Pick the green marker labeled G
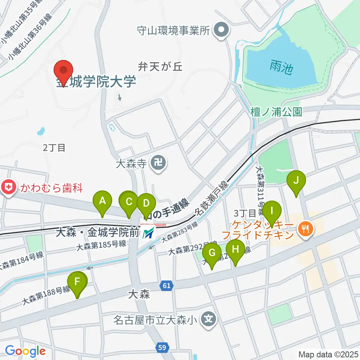[x=212, y=253]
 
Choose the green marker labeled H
[x=235, y=250]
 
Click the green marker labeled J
[x=296, y=181]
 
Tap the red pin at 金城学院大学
[x=63, y=71]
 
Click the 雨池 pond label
[x=280, y=67]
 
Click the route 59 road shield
[x=162, y=348]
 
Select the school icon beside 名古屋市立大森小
[x=207, y=320]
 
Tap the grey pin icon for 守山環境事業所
[x=221, y=30]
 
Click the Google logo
[x=25, y=351]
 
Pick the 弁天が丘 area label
[x=160, y=67]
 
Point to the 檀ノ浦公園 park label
[x=277, y=112]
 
